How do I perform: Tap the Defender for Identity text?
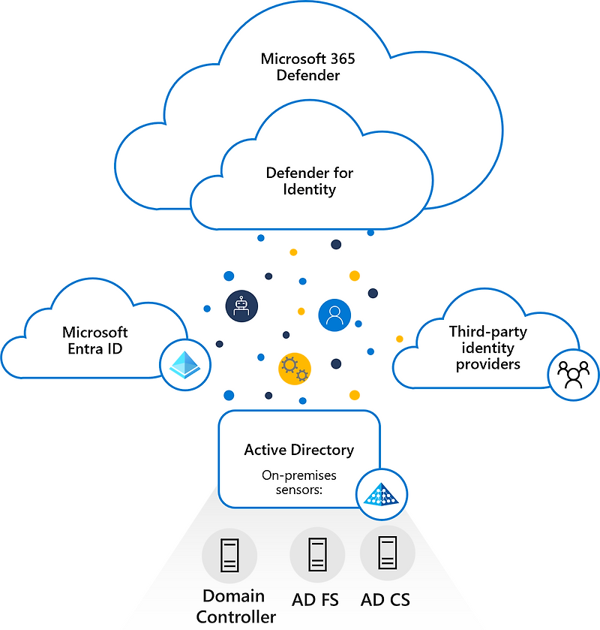click(310, 181)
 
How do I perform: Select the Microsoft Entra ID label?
click(94, 341)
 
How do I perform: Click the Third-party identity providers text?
click(487, 348)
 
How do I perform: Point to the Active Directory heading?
click(298, 450)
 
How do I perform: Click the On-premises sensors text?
click(298, 482)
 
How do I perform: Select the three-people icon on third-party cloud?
click(574, 373)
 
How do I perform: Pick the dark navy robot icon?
click(241, 305)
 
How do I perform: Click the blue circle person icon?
click(334, 315)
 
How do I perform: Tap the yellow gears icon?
click(294, 368)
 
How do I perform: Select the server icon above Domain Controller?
click(229, 555)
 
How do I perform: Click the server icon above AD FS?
click(317, 555)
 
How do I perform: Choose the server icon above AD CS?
click(387, 553)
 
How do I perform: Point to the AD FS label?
click(315, 600)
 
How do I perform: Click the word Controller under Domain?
click(235, 616)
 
